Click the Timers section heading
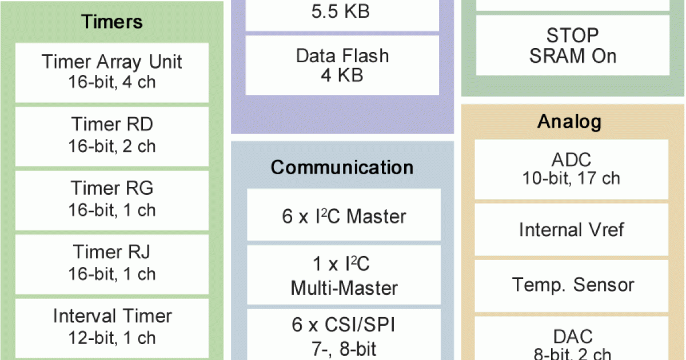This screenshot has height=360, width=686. coord(111,22)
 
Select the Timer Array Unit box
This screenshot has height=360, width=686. coord(111,72)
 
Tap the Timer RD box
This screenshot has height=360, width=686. coord(111,135)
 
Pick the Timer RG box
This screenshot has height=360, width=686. coord(111,199)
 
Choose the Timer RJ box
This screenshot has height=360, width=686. coord(111,263)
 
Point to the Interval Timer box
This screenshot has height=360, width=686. coord(111,327)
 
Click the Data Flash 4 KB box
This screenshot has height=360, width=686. coord(342,65)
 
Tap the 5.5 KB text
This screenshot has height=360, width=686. coord(342,11)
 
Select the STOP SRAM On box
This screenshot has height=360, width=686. coord(572,46)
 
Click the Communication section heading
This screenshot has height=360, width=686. coord(342,167)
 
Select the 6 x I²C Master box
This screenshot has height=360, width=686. coord(344,217)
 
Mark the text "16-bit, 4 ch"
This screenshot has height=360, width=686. coord(111,82)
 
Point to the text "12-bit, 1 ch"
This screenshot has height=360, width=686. coord(111,338)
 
